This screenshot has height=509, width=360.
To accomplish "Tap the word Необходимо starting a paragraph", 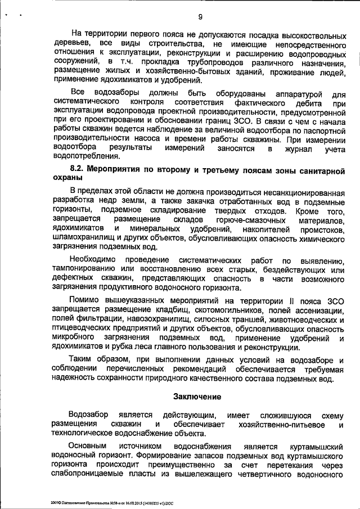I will tap(89, 259).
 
